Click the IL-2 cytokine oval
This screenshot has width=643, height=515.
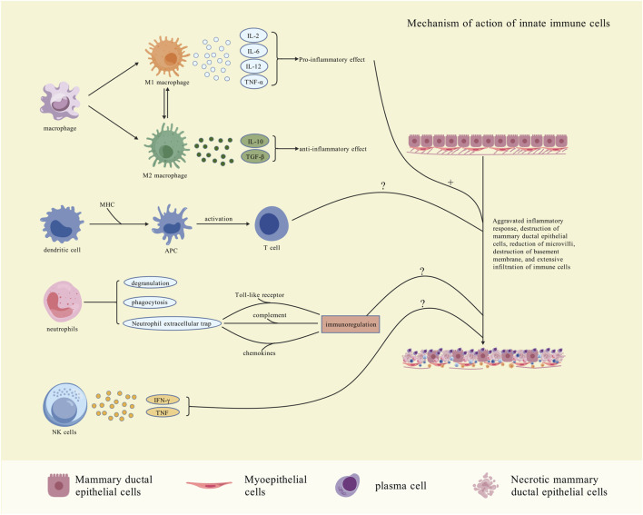point(253,35)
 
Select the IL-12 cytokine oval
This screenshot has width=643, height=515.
point(253,66)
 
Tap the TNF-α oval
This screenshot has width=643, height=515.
point(253,82)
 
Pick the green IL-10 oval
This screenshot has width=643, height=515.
point(255,142)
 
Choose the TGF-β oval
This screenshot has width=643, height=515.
point(255,156)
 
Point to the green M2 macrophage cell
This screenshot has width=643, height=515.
point(166,146)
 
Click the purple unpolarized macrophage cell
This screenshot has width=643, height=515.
point(60,101)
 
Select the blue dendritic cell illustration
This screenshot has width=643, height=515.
point(62,224)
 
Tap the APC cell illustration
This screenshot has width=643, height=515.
point(171,223)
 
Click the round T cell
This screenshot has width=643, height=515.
point(272,224)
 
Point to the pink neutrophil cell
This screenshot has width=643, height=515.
point(63,302)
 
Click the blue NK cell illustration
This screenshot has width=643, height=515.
point(64,405)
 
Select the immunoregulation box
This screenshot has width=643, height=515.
point(351,324)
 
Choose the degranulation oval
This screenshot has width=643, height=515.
point(150,282)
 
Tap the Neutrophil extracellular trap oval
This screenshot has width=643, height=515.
point(172,323)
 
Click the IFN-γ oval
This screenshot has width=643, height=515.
point(163,400)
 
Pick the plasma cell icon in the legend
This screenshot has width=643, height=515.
point(347,485)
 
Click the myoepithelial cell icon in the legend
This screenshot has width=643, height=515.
point(209,485)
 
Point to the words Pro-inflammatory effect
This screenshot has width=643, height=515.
point(331,59)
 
